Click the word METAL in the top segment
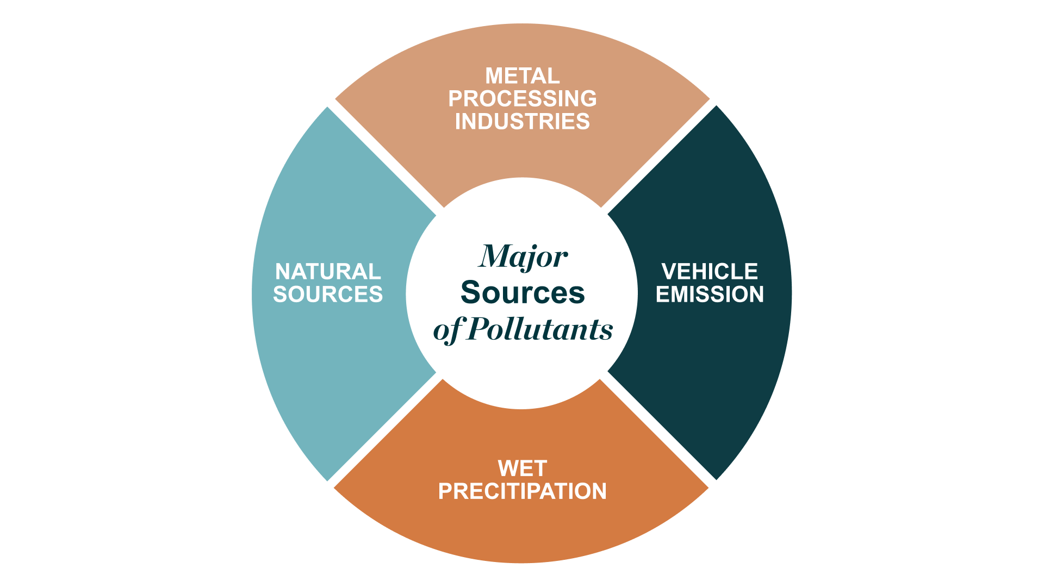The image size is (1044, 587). [x=522, y=76]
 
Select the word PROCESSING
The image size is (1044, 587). [x=522, y=99]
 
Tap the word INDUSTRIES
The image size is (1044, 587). [x=522, y=122]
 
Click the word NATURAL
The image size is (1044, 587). [x=328, y=272]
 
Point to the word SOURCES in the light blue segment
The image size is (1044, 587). [x=328, y=295]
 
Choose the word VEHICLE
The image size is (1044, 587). [x=710, y=272]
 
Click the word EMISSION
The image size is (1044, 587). [x=710, y=295]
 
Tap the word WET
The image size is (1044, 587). [x=522, y=469]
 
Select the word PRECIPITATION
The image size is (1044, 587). [x=522, y=491]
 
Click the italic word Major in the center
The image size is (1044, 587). [x=523, y=257]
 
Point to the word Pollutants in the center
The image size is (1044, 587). [x=540, y=329]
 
